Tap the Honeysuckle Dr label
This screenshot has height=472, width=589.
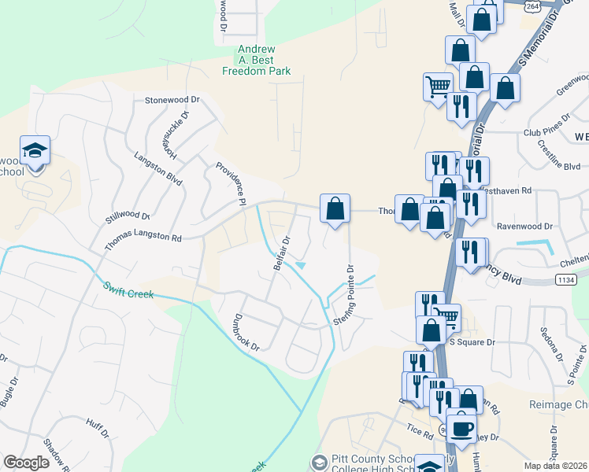point(175,132)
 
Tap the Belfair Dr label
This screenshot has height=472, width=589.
point(283,253)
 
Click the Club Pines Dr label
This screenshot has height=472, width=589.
point(546,132)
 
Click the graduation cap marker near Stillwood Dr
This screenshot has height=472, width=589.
point(35,150)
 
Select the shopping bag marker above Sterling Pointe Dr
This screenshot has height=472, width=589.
point(335,209)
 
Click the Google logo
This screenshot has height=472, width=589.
point(26,463)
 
